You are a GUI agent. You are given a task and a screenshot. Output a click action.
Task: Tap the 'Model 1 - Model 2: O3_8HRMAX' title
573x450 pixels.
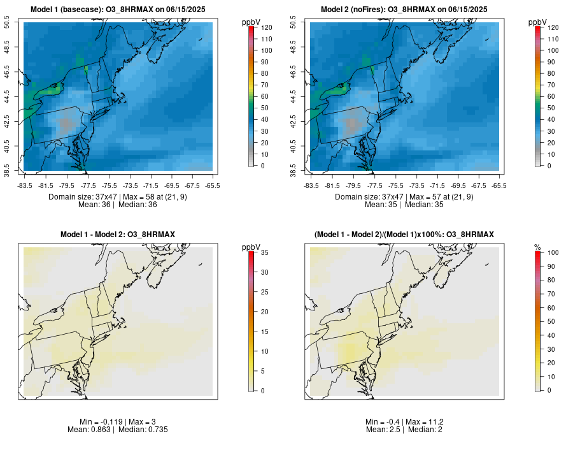(x=118, y=235)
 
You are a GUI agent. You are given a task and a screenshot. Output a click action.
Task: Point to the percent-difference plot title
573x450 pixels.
(x=404, y=235)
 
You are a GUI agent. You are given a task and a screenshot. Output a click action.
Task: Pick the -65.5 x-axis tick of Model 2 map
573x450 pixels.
(x=499, y=185)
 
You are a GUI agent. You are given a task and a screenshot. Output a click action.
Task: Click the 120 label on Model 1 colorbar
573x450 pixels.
(x=266, y=27)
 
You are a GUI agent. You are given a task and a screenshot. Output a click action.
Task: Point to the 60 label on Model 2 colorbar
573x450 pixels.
(x=551, y=96)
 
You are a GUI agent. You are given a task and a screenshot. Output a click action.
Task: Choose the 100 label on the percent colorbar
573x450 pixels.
(x=553, y=252)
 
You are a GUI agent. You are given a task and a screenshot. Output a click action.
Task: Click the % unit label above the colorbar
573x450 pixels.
(x=538, y=247)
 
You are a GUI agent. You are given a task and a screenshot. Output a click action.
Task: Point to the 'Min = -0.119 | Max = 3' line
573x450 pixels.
(x=118, y=422)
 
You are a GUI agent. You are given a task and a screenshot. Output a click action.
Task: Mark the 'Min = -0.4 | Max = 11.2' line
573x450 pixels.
(x=404, y=422)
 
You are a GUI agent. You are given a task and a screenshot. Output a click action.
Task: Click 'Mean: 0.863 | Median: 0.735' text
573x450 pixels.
(x=118, y=430)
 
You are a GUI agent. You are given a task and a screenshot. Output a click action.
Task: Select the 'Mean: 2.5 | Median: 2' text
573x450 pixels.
(x=404, y=430)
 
